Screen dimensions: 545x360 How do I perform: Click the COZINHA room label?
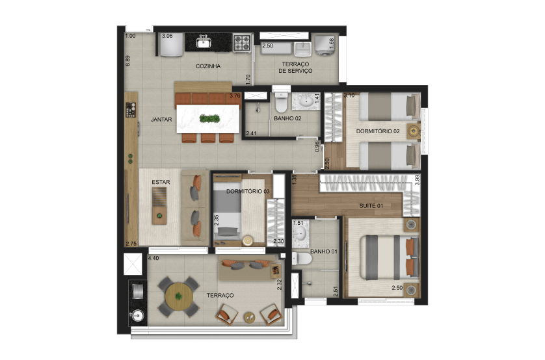click(x=208, y=66)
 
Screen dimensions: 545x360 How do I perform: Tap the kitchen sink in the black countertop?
click(x=204, y=42)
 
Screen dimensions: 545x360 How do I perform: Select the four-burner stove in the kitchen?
click(x=242, y=43)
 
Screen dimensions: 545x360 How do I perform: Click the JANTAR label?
click(x=161, y=120)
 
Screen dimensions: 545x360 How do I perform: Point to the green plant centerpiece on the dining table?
click(x=209, y=119)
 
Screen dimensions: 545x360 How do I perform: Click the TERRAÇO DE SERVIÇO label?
click(x=295, y=68)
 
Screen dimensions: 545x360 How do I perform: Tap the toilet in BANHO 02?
click(x=281, y=102)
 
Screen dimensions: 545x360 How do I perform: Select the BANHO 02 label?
click(x=287, y=118)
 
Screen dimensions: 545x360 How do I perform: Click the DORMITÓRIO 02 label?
click(x=378, y=131)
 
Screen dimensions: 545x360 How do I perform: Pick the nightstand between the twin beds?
click(x=414, y=131)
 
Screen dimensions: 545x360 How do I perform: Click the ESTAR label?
click(x=161, y=182)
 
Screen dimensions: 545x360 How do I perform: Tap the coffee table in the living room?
click(x=159, y=206)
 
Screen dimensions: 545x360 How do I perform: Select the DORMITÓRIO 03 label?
click(x=248, y=191)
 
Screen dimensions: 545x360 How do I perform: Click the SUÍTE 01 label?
click(x=371, y=206)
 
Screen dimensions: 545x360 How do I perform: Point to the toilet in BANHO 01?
click(x=302, y=259)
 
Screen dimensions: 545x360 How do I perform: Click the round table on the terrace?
click(x=179, y=297)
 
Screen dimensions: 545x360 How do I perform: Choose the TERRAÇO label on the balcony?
click(x=220, y=296)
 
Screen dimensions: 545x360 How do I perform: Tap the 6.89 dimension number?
click(x=128, y=60)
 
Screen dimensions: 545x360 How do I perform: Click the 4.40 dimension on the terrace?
click(x=153, y=258)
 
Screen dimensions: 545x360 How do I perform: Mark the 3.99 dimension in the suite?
click(x=418, y=180)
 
